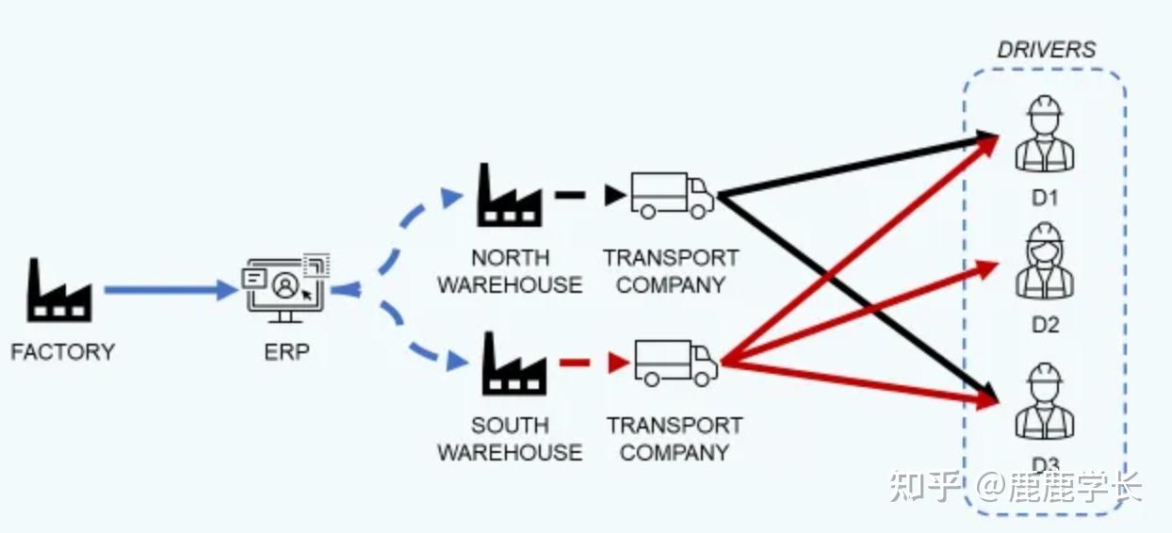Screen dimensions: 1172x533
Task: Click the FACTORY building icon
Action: (x=59, y=290)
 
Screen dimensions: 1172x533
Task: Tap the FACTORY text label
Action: (x=63, y=352)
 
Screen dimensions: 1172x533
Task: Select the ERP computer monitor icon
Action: (x=285, y=288)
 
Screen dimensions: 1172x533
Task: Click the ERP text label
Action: (x=286, y=352)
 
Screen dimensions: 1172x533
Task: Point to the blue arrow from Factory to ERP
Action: (x=171, y=290)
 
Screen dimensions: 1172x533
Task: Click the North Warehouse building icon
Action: (x=510, y=195)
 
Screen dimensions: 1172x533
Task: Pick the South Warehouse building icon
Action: (x=514, y=363)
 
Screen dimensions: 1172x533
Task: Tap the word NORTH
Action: (x=510, y=258)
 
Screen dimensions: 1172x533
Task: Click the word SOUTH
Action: (x=510, y=426)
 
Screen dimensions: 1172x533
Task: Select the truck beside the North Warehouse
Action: (x=673, y=195)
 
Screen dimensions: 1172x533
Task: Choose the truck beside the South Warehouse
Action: (x=676, y=363)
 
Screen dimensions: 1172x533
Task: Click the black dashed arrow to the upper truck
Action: (x=590, y=195)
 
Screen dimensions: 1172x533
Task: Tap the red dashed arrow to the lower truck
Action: (x=594, y=363)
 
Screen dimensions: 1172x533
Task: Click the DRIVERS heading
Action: (x=1047, y=50)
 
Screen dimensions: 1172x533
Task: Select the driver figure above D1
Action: (x=1045, y=134)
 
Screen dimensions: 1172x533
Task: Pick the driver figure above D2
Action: (x=1045, y=261)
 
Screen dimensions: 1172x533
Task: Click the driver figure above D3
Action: (x=1045, y=401)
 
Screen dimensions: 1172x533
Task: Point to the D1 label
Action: (x=1045, y=198)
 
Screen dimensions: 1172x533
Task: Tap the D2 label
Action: (x=1046, y=325)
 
